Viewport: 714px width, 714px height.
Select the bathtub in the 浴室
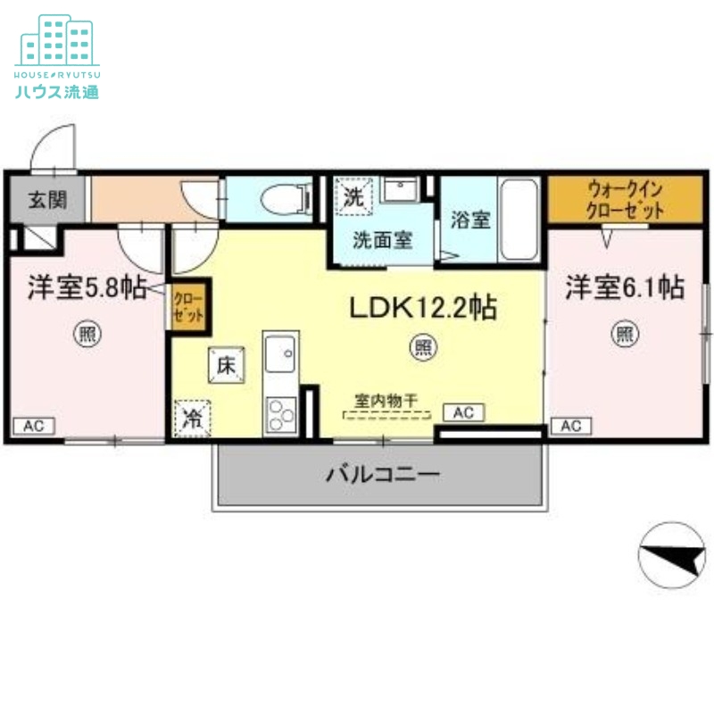[x=519, y=218]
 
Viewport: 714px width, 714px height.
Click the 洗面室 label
[x=382, y=239]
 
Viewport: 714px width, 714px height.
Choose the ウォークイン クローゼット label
[x=624, y=201]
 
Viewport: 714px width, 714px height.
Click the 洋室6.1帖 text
[x=624, y=288]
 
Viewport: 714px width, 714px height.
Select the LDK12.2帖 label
[x=422, y=308]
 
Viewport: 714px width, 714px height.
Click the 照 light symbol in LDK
[x=421, y=348]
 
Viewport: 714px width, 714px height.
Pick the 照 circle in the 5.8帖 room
[x=87, y=336]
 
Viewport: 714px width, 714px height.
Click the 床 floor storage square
[x=226, y=365]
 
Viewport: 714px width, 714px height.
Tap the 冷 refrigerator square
[x=191, y=417]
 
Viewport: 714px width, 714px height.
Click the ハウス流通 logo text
[x=57, y=91]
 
